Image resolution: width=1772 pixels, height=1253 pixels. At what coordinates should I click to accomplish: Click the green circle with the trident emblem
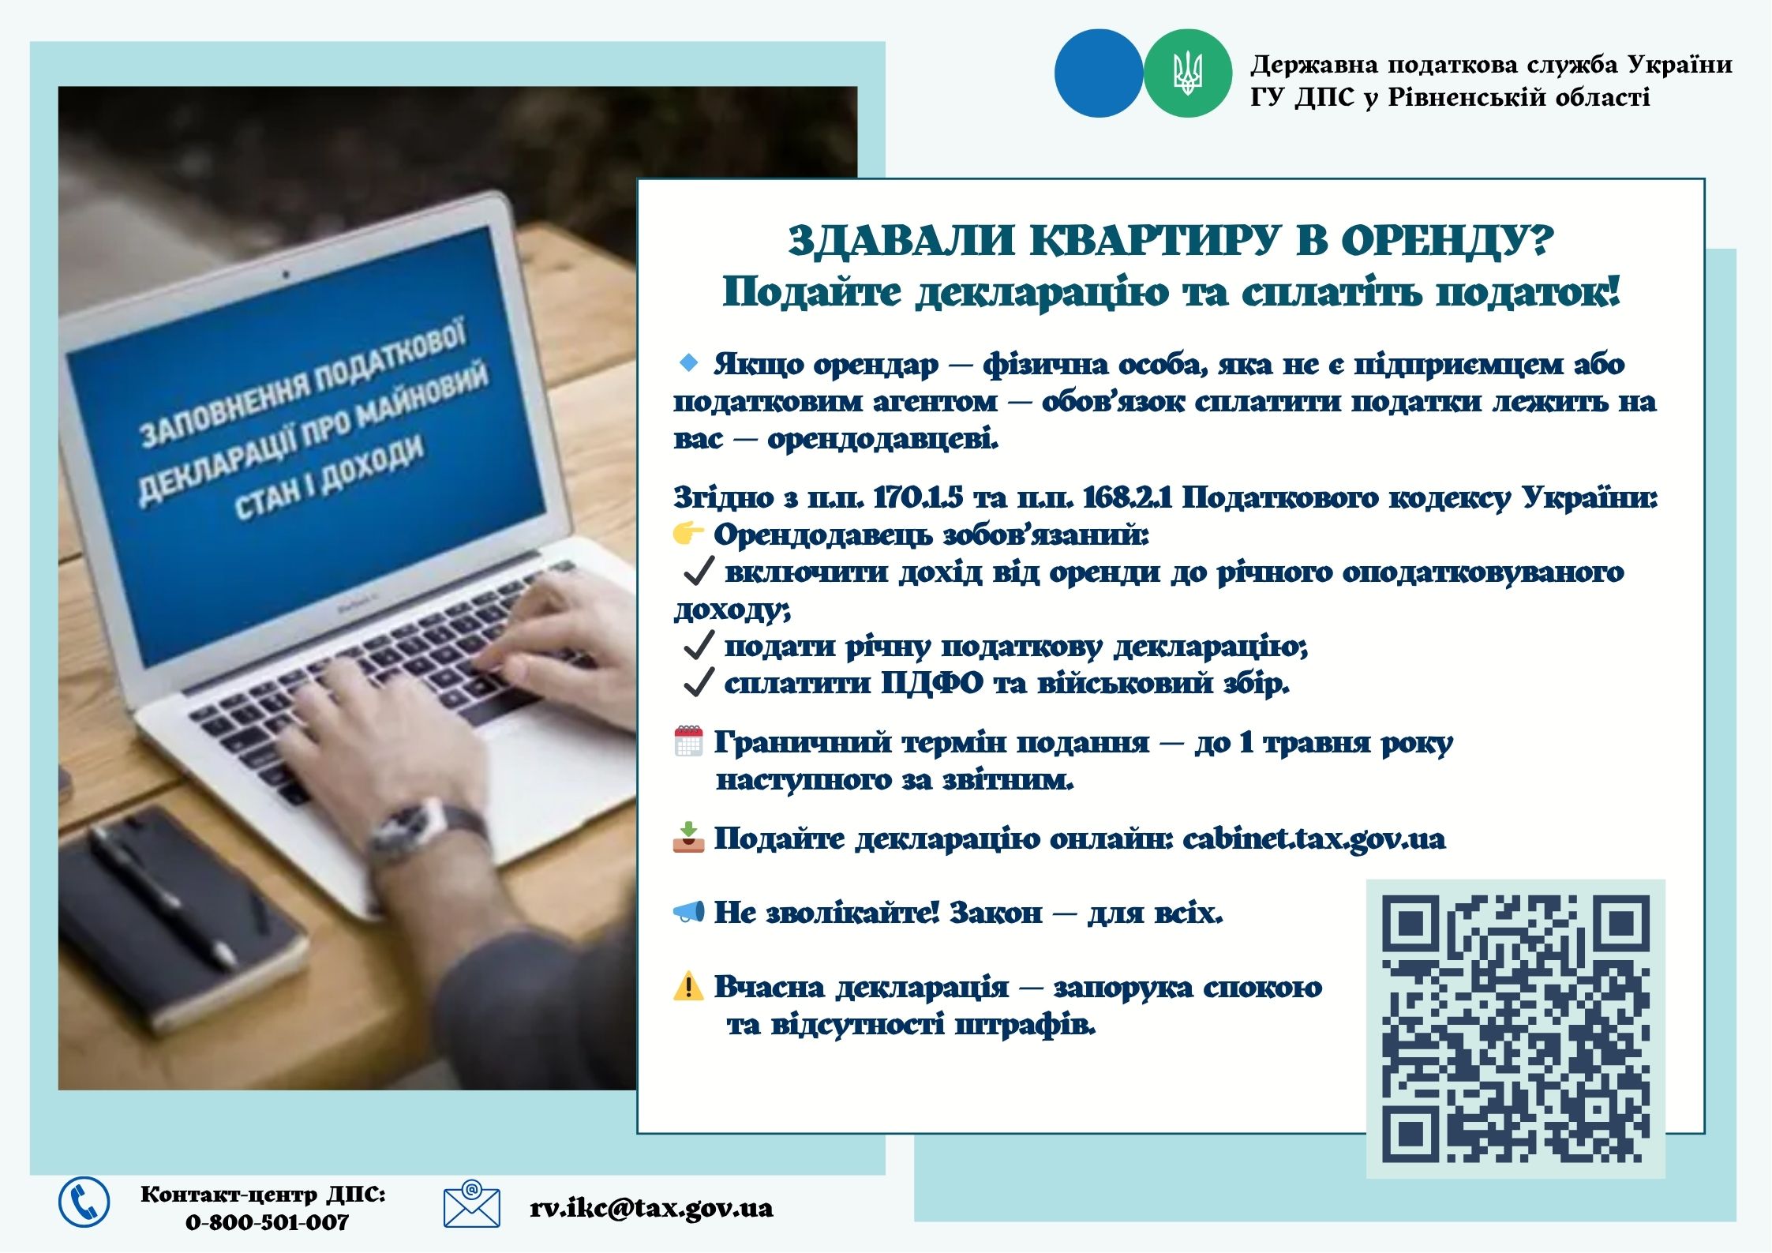pos(1187,73)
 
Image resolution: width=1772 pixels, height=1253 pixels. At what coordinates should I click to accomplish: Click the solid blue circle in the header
pos(1099,73)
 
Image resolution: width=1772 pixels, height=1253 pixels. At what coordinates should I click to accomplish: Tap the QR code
pos(1515,1029)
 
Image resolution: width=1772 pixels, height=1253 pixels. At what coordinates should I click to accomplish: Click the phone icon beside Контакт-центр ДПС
pos(84,1202)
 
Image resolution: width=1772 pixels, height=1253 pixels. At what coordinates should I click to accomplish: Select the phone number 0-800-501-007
pos(267,1222)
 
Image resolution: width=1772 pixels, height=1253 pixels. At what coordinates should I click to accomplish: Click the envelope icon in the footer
pos(471,1204)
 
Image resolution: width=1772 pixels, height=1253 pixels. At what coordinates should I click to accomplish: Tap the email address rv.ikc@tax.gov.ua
pos(651,1208)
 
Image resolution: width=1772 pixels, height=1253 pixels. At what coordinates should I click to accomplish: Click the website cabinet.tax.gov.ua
pos(1314,838)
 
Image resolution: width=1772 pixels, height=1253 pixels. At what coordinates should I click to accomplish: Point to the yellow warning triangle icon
pos(688,986)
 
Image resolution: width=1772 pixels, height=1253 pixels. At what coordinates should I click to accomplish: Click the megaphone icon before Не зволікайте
pos(688,913)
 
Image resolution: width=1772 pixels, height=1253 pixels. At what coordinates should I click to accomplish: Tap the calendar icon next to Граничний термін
pos(688,741)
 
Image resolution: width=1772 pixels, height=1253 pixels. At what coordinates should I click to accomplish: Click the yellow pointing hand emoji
pos(688,534)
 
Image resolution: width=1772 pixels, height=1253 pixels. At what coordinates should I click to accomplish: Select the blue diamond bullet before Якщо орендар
pos(689,363)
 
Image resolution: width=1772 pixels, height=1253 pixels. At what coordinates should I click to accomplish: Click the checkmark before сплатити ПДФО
pos(699,683)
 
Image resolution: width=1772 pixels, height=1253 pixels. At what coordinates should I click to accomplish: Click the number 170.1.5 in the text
pos(920,497)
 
